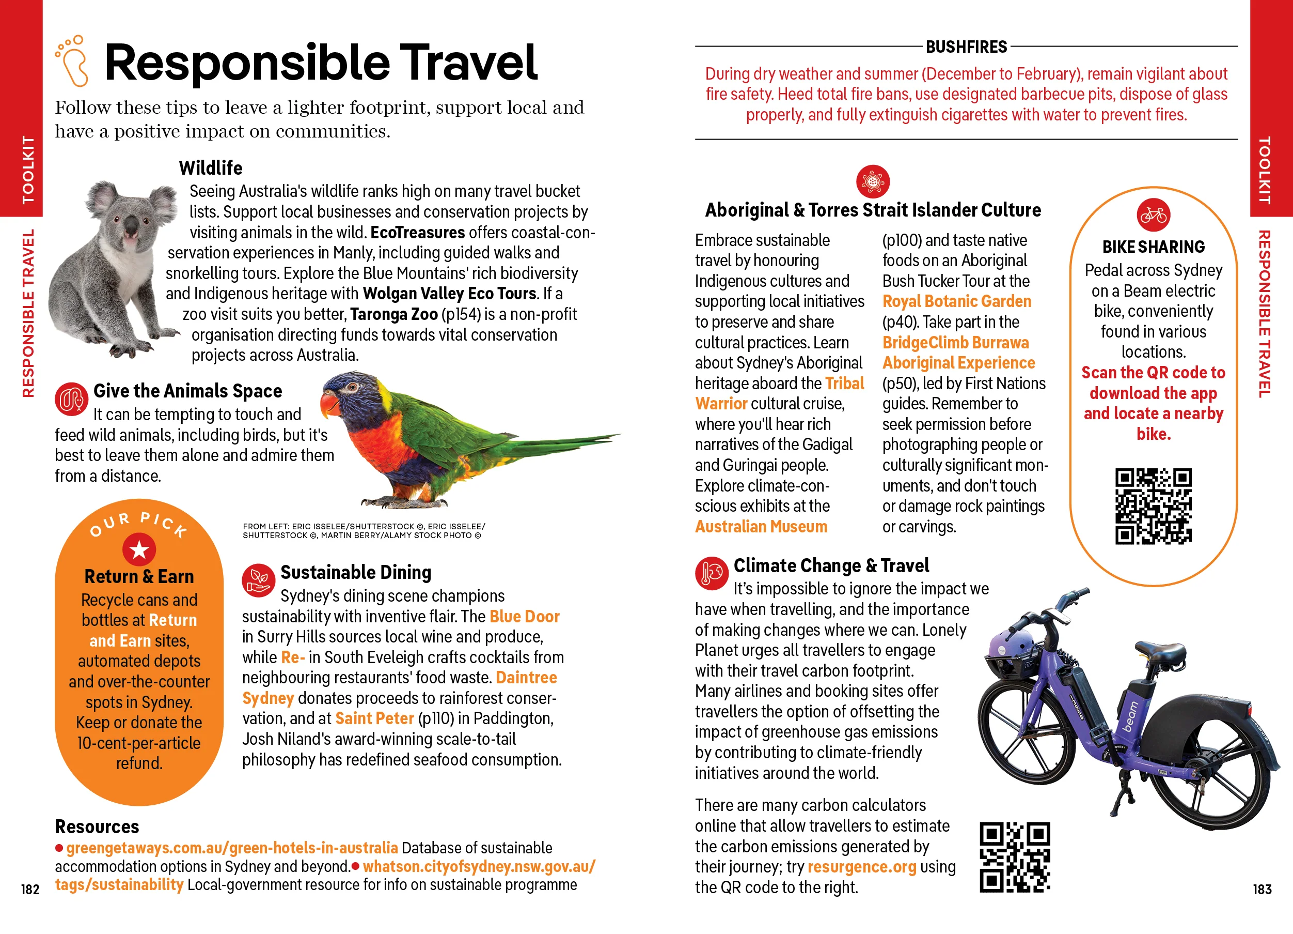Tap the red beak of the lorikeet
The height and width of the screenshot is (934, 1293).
click(x=329, y=406)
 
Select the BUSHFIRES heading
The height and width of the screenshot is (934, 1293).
click(x=966, y=47)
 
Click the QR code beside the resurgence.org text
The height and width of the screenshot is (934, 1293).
click(x=1014, y=857)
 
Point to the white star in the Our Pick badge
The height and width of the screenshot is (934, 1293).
click(x=139, y=550)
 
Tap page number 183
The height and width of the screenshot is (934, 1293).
click(x=1262, y=889)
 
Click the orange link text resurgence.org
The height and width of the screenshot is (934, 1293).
click(x=861, y=867)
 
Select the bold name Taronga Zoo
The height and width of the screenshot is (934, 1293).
click(x=393, y=314)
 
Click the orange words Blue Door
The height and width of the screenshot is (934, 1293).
click(x=524, y=616)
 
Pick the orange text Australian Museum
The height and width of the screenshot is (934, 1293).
click(x=761, y=527)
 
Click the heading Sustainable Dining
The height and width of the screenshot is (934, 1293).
click(x=356, y=572)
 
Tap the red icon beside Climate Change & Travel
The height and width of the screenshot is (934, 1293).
click(x=711, y=573)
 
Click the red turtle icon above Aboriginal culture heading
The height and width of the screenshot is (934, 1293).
click(x=872, y=181)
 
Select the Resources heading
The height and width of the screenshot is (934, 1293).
click(x=97, y=826)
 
